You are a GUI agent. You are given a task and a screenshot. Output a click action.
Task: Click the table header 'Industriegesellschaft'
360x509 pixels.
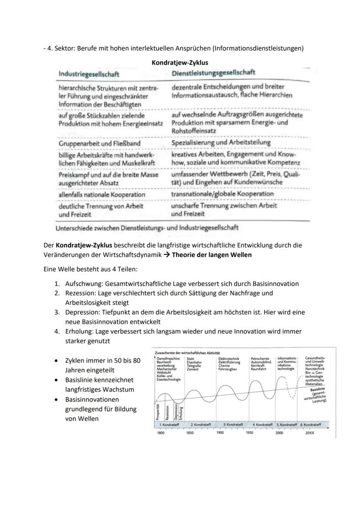(x=89, y=74)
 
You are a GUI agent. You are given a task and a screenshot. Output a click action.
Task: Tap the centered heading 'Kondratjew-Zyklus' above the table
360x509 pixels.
(x=180, y=63)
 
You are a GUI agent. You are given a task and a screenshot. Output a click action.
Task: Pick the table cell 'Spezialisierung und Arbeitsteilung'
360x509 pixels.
(x=221, y=142)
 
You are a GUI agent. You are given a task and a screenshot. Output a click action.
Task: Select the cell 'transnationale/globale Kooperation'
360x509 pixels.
(x=222, y=193)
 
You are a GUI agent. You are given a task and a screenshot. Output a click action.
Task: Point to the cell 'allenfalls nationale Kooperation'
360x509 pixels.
(x=102, y=195)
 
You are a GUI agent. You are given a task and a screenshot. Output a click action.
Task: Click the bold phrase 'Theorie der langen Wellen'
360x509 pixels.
(x=211, y=255)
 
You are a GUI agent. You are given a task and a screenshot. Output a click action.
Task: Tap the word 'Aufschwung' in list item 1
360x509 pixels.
(x=83, y=284)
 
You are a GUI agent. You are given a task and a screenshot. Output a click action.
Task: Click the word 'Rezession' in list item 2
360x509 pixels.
(x=80, y=293)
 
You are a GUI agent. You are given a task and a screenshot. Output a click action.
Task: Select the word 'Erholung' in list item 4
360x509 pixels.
(x=78, y=331)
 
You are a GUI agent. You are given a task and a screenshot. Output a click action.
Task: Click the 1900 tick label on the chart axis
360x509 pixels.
(x=220, y=433)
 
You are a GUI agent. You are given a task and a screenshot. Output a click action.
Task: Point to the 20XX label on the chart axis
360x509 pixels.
(x=310, y=433)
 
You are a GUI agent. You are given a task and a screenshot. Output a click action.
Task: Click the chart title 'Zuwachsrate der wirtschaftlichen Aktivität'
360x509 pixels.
(x=187, y=352)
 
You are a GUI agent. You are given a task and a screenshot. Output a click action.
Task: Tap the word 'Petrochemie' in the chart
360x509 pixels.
(x=260, y=358)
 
